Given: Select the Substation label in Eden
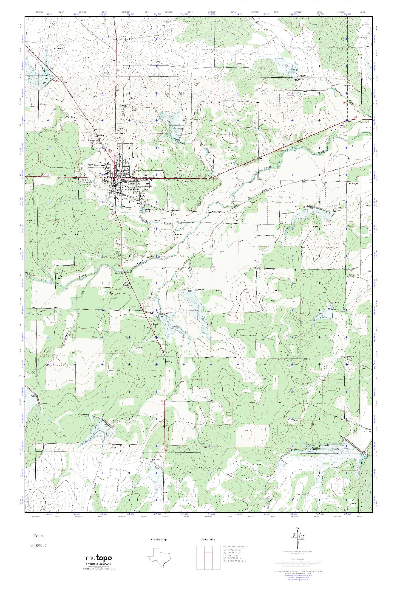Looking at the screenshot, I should point(144,180).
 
